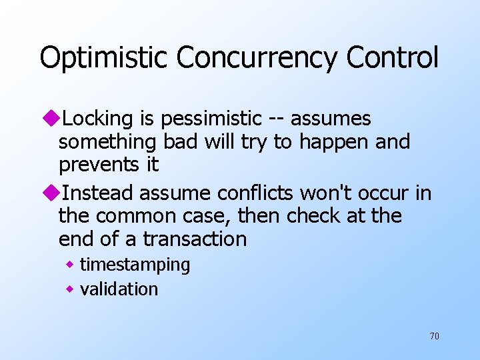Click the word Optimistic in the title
104,58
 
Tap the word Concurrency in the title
257,58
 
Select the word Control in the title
393,58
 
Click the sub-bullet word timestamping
135,265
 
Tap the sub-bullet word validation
119,289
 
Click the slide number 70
434,336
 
